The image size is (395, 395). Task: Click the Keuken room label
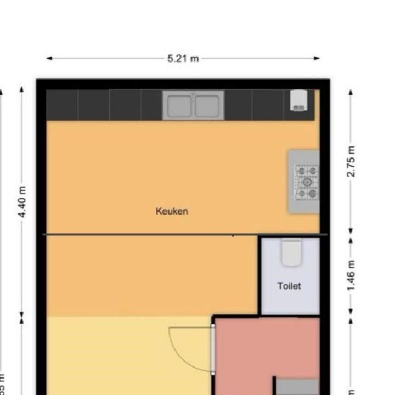pyautogui.click(x=172, y=211)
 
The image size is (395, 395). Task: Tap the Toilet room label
pyautogui.click(x=289, y=286)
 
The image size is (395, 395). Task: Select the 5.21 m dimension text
pyautogui.click(x=183, y=58)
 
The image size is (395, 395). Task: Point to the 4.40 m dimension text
pyautogui.click(x=22, y=202)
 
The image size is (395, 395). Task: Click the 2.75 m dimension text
pyautogui.click(x=352, y=161)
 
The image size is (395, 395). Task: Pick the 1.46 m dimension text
pyautogui.click(x=352, y=276)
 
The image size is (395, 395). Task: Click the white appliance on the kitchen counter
pyautogui.click(x=298, y=100)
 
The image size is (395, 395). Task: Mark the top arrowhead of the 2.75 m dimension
pyautogui.click(x=352, y=91)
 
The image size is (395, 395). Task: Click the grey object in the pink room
pyautogui.click(x=296, y=386)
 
